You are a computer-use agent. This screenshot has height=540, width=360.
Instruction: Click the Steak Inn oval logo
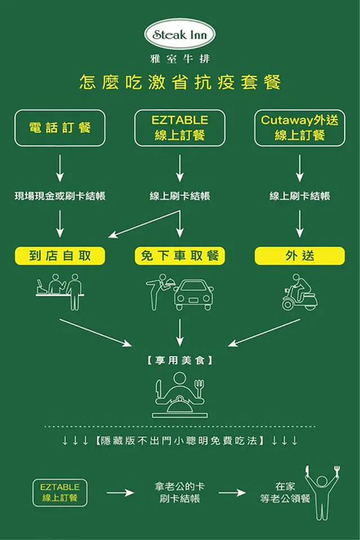click(x=180, y=35)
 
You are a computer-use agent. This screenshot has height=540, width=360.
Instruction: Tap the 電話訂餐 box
click(x=60, y=128)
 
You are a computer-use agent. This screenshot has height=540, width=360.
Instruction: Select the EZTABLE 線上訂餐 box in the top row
click(x=180, y=128)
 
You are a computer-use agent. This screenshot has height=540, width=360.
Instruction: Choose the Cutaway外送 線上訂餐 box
click(x=300, y=128)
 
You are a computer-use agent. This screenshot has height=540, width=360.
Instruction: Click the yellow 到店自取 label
click(x=60, y=256)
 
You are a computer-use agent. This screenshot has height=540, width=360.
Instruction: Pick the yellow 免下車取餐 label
click(x=180, y=256)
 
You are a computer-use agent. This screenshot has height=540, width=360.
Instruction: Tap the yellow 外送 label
click(x=300, y=256)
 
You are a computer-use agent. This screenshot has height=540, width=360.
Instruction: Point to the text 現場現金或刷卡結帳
click(x=60, y=196)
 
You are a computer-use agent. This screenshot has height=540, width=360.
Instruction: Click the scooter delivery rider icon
click(x=300, y=292)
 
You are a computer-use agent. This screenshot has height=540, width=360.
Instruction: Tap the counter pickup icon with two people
click(x=60, y=291)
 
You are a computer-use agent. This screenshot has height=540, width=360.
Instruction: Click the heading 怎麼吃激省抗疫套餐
click(x=180, y=83)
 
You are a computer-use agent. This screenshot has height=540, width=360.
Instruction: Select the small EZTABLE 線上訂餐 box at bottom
click(x=60, y=492)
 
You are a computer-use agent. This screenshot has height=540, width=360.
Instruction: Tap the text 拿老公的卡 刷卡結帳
click(x=180, y=492)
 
